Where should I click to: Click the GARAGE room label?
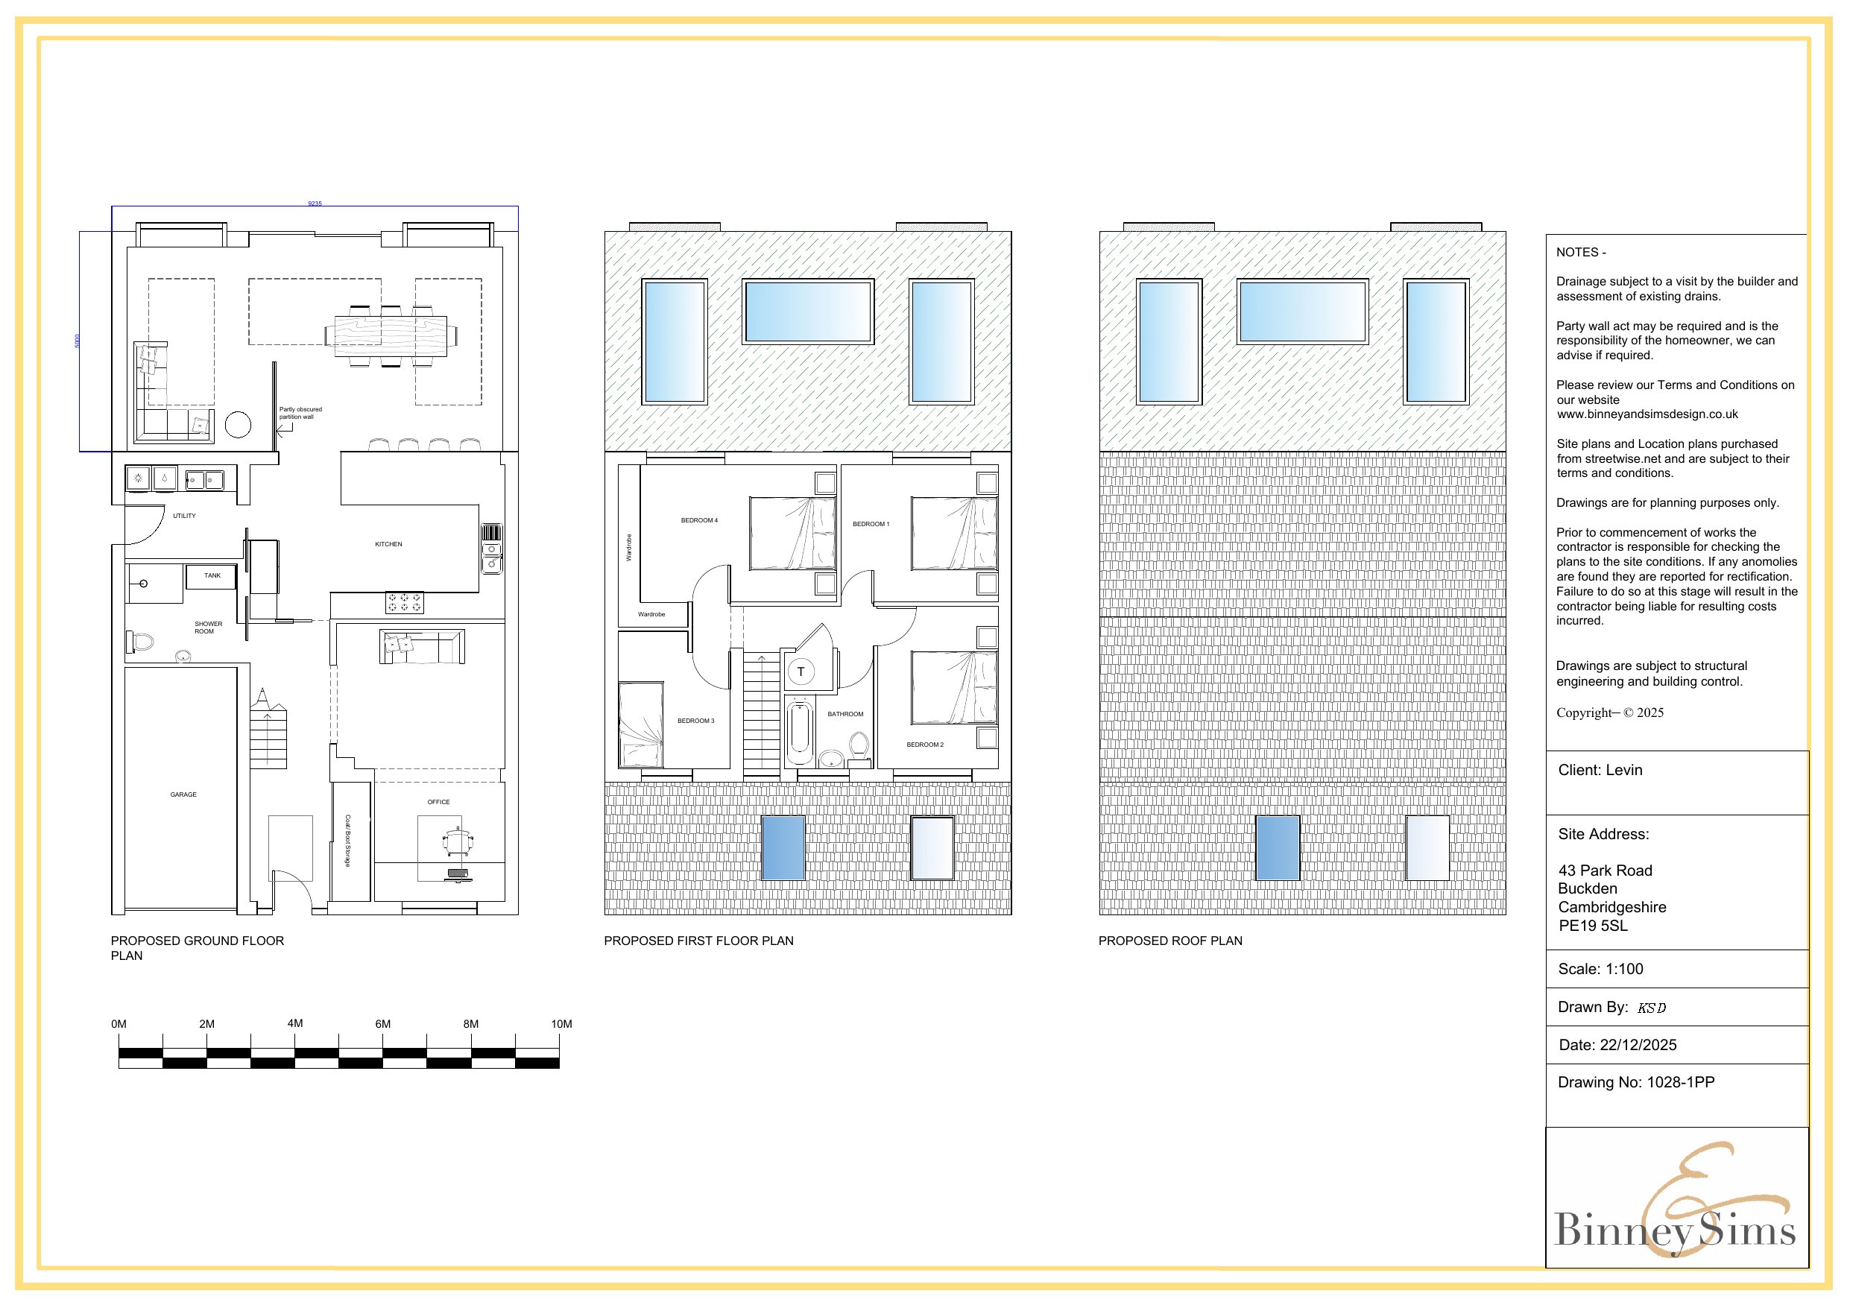click(183, 794)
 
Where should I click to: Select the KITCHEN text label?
click(388, 544)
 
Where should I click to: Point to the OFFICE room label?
click(438, 802)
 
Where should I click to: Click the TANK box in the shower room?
click(211, 576)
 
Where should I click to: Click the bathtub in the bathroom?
click(799, 733)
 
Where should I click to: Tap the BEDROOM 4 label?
click(698, 521)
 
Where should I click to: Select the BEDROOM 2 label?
click(924, 745)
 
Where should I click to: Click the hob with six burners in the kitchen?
click(405, 602)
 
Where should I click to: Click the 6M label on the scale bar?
click(382, 1024)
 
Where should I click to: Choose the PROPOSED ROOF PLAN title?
click(1170, 941)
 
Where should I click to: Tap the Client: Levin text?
click(1600, 771)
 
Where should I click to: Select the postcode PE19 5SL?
click(1592, 926)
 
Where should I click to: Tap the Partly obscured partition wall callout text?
click(300, 413)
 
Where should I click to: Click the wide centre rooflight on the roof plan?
click(1302, 311)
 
